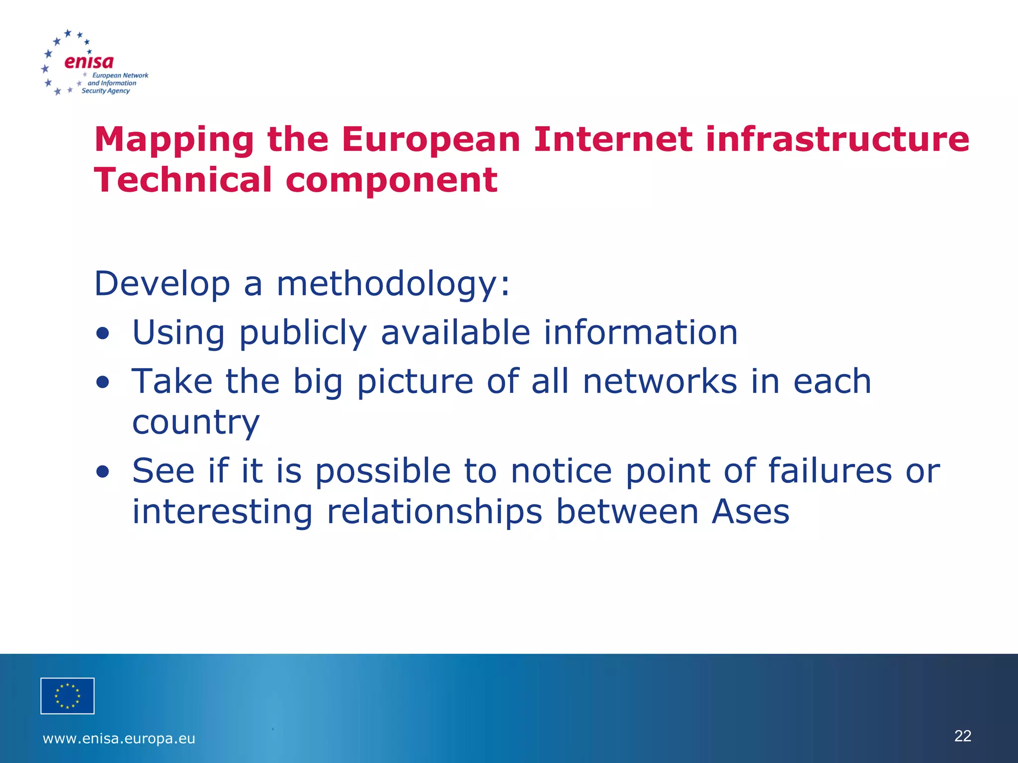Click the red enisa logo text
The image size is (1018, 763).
(x=89, y=62)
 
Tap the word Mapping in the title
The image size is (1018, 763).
(x=174, y=140)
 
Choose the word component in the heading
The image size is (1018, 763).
(x=391, y=180)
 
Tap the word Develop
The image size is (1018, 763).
(x=162, y=284)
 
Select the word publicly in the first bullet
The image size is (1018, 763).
(x=303, y=333)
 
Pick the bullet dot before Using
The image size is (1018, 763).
(x=103, y=334)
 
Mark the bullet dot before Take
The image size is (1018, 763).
(x=103, y=382)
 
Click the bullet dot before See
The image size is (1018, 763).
(x=103, y=471)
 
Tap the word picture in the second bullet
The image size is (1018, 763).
(x=415, y=381)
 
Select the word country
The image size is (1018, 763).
(x=196, y=423)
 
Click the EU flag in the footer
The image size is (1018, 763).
(x=68, y=696)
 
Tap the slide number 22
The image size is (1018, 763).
(x=963, y=736)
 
